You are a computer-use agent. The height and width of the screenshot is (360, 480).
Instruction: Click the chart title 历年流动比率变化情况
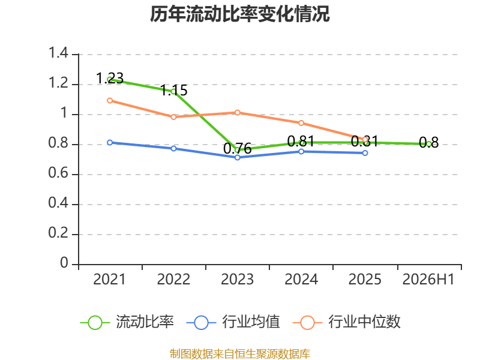pos(239,14)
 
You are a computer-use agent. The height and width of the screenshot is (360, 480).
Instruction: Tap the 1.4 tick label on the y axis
pos(58,53)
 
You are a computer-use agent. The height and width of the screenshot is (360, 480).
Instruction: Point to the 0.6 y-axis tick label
pos(58,173)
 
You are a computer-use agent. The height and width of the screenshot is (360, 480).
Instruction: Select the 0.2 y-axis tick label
pos(58,233)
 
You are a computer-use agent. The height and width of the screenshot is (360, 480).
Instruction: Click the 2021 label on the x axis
pos(109,279)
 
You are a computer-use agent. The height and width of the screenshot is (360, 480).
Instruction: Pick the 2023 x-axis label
pos(237,279)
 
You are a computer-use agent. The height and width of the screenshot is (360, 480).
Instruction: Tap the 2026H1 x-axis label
pos(428,279)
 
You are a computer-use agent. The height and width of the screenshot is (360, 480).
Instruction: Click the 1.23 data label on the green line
pos(110,79)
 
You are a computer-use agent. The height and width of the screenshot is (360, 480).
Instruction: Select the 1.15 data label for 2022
pos(173,91)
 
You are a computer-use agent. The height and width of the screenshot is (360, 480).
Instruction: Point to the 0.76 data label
pos(237,149)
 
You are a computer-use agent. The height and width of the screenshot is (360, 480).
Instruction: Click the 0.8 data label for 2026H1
pos(428,143)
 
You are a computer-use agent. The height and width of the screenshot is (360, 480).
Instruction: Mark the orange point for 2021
pos(110,100)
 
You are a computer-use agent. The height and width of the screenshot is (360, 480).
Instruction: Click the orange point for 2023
pos(237,113)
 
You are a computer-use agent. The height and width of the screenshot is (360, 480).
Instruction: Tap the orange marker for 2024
pos(301,123)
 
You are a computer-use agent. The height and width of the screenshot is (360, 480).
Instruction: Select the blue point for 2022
pos(173,148)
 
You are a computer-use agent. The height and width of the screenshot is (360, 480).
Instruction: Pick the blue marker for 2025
pos(365,153)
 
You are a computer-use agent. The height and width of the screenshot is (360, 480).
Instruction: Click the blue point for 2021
pos(110,143)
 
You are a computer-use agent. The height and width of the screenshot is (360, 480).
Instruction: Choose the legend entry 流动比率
pos(127,322)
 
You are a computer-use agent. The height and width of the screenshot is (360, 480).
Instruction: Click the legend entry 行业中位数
pos(346,322)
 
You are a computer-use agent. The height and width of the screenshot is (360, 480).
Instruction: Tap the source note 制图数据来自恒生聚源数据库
pos(239,354)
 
